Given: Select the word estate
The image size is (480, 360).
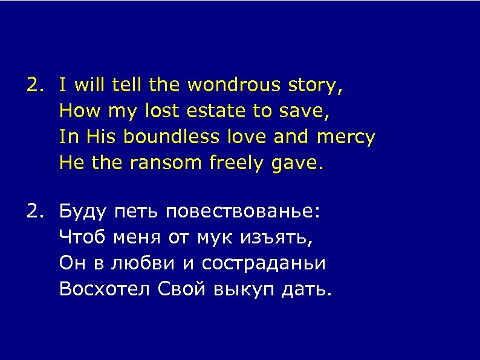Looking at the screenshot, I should [x=216, y=111].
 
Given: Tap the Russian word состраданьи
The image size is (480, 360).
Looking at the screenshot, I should [x=264, y=264].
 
